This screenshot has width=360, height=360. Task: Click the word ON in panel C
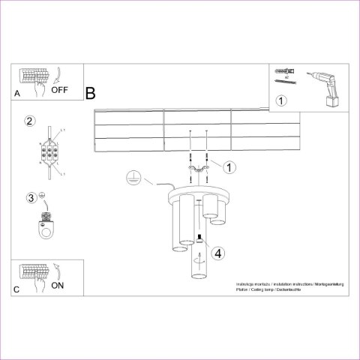point(57,285)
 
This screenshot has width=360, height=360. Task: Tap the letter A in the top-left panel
point(17,94)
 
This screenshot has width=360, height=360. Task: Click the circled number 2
point(30,121)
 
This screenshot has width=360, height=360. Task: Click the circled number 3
point(31,198)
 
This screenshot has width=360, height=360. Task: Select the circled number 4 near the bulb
point(217,253)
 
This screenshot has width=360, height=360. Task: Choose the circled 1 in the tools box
point(280,100)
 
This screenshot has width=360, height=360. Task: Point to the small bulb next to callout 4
point(200,239)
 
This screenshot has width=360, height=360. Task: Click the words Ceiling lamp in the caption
point(265,289)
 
